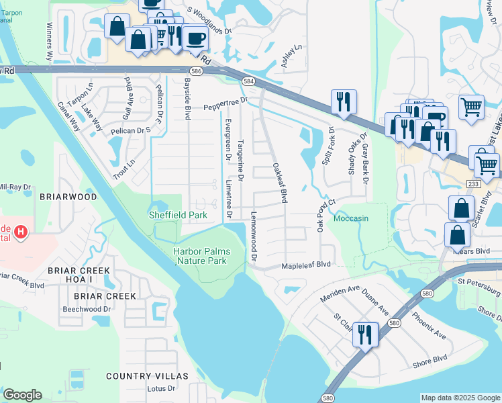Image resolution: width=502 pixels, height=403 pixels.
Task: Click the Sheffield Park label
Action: click(x=177, y=215)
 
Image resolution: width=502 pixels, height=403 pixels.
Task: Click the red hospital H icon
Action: click(x=21, y=233)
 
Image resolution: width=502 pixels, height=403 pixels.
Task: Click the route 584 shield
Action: click(x=248, y=81)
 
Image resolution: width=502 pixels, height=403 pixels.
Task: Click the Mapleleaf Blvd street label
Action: click(x=307, y=265)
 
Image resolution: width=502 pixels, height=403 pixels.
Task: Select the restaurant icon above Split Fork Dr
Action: click(x=343, y=101)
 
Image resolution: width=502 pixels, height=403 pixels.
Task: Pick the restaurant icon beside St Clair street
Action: click(x=365, y=334)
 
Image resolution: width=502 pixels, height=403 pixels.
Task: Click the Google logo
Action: click(x=22, y=395)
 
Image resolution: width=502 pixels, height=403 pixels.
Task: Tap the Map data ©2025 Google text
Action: click(x=460, y=398)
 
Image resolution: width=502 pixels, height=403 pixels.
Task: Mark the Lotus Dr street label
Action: click(x=161, y=388)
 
